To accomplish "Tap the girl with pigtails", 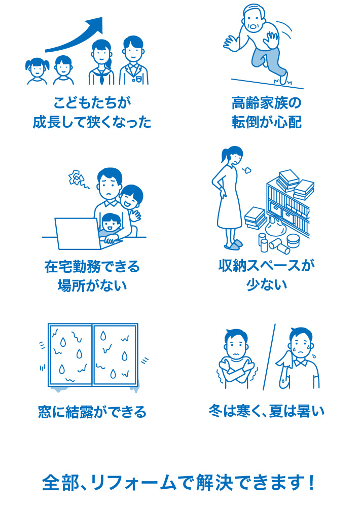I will pos(37,71).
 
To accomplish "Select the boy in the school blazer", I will pos(133,61).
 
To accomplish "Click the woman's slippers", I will pos(233,245).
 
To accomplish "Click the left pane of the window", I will pos(69,354).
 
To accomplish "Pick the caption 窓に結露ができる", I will pos(92,411).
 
